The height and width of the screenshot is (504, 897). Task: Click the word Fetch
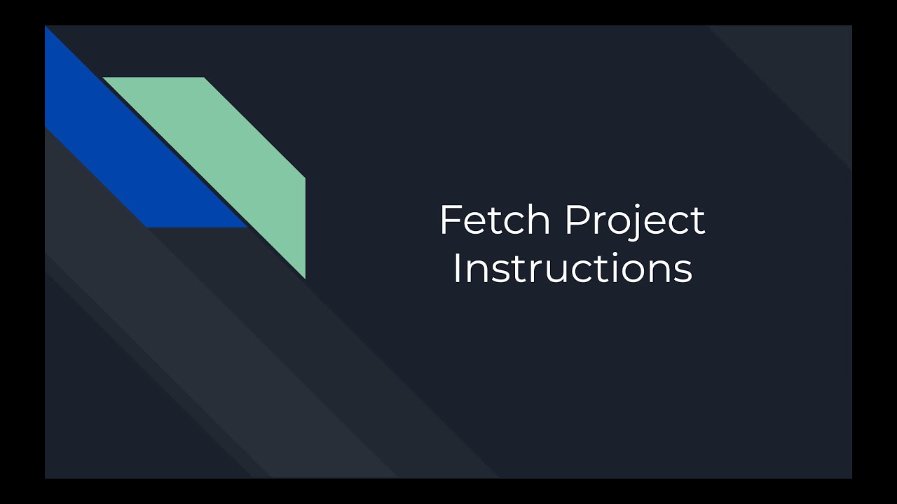pyautogui.click(x=495, y=220)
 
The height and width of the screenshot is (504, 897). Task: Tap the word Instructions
pyautogui.click(x=572, y=269)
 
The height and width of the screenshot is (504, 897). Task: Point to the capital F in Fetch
pyautogui.click(x=448, y=220)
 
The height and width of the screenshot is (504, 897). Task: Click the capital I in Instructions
pyautogui.click(x=456, y=269)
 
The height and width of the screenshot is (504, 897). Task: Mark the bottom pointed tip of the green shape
pyautogui.click(x=305, y=278)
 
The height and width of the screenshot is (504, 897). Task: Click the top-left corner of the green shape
pyautogui.click(x=104, y=78)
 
